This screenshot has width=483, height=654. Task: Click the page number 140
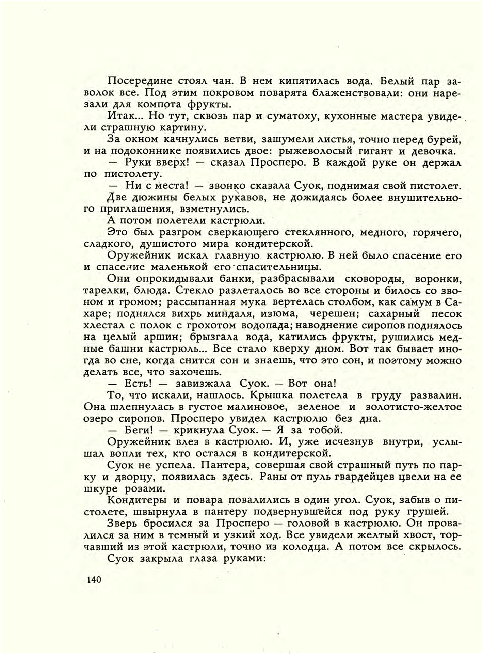(94, 579)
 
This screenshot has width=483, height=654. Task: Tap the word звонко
(227, 186)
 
